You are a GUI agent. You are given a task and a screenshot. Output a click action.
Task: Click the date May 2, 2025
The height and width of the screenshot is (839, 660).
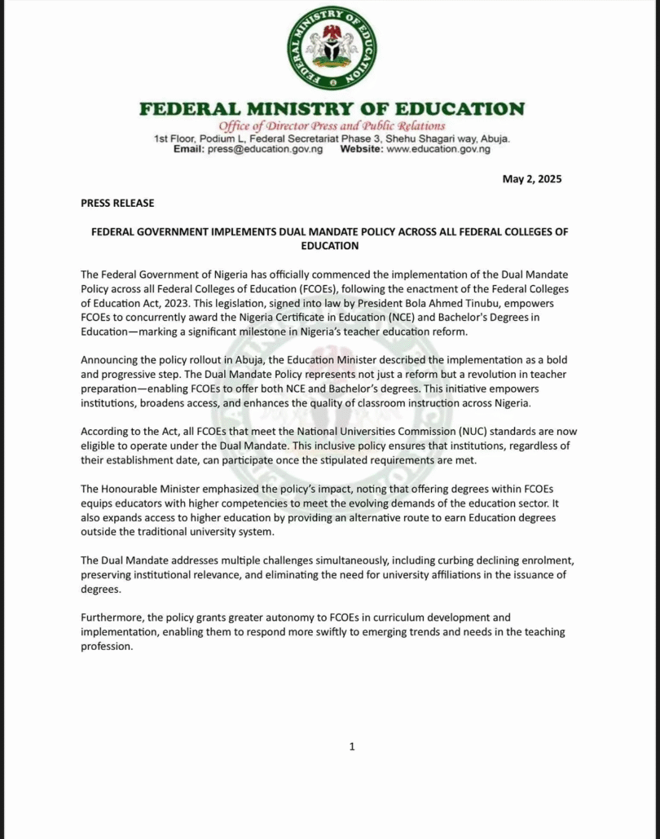532,179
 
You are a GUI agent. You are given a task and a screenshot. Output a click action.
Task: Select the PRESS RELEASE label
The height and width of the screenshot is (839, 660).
117,203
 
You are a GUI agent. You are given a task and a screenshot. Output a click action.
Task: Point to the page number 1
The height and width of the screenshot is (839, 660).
351,746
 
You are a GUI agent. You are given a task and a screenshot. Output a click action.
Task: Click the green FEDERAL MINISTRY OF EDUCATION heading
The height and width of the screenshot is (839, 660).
332,109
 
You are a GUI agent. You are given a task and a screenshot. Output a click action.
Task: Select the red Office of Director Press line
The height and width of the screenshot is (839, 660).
332,125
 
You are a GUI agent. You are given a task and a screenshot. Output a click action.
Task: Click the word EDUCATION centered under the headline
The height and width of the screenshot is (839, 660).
330,245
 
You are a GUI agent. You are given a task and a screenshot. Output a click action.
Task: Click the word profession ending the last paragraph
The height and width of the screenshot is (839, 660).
107,646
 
